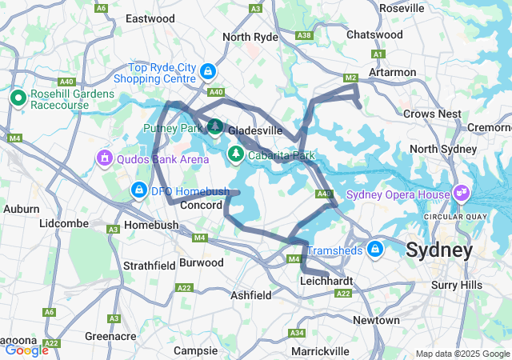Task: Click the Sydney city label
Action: point(438,250)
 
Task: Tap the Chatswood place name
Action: point(374,35)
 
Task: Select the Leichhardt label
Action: point(326,281)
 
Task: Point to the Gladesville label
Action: point(254,130)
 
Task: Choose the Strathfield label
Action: point(149,265)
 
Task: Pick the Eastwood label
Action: point(150,18)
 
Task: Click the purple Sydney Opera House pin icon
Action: point(460,193)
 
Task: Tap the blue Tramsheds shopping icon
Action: point(374,250)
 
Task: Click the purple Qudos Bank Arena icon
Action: point(104,158)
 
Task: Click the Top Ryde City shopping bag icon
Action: point(207,72)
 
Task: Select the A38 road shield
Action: point(304,35)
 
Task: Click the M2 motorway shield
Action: point(350,78)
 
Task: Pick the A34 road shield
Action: point(297,332)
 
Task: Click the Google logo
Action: point(26,350)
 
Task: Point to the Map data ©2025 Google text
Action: point(462,354)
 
